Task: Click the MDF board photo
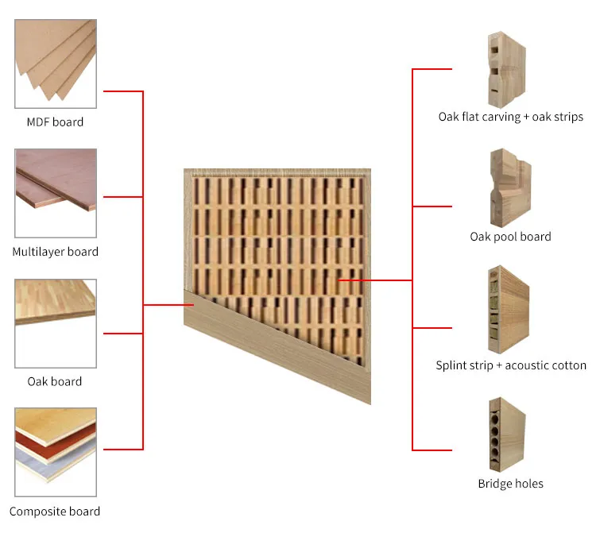pyautogui.click(x=56, y=64)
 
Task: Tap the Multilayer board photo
pyautogui.click(x=56, y=193)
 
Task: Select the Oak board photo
pyautogui.click(x=56, y=323)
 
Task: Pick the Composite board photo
pyautogui.click(x=56, y=452)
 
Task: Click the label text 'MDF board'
pyautogui.click(x=55, y=122)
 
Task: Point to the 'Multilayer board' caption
pyautogui.click(x=55, y=252)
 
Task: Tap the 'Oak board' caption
pyautogui.click(x=55, y=381)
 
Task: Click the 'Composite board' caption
pyautogui.click(x=55, y=511)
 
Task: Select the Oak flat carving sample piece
pyautogui.click(x=507, y=70)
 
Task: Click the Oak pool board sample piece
pyautogui.click(x=510, y=187)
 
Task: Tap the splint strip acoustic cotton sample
pyautogui.click(x=509, y=310)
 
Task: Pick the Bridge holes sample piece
pyautogui.click(x=508, y=434)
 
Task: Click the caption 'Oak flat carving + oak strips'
pyautogui.click(x=510, y=117)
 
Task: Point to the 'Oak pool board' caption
pyautogui.click(x=510, y=237)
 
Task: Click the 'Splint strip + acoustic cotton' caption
pyautogui.click(x=511, y=365)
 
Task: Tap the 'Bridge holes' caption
pyautogui.click(x=510, y=484)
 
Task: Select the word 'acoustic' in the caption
pyautogui.click(x=526, y=365)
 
